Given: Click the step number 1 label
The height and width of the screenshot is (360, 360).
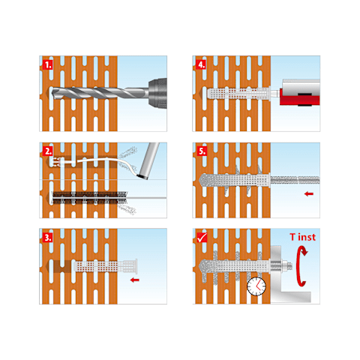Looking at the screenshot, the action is click(47, 64).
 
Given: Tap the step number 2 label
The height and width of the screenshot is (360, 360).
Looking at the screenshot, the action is click(47, 151).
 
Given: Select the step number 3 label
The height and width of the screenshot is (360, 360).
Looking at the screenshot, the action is click(47, 238).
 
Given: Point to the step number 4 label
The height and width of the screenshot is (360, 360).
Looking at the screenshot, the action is click(202, 64).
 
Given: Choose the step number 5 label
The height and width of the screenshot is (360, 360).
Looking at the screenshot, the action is click(202, 151).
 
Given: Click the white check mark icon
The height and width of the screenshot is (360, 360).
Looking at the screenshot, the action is click(202, 238).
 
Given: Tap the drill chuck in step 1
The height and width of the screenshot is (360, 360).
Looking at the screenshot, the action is click(157, 93).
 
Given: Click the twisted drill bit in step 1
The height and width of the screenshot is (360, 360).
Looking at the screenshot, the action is click(100, 93).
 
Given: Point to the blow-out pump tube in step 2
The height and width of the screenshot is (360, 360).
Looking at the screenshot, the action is click(148, 160).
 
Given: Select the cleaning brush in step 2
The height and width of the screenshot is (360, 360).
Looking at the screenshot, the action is click(89, 197).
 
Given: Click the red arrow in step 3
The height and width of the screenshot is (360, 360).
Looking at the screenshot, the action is click(135, 280).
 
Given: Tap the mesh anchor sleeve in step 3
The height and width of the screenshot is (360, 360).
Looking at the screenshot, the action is click(106, 266).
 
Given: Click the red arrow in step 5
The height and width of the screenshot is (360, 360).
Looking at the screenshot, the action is click(309, 193).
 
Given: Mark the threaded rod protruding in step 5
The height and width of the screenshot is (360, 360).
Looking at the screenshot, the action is click(295, 180).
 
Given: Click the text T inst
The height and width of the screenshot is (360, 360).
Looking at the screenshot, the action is click(303, 237).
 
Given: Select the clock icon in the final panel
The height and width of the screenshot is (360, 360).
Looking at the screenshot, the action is click(256, 286).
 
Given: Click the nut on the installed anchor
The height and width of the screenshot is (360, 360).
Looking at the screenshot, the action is click(286, 265).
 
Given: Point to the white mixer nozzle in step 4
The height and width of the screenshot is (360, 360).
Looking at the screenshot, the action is click(275, 94).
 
